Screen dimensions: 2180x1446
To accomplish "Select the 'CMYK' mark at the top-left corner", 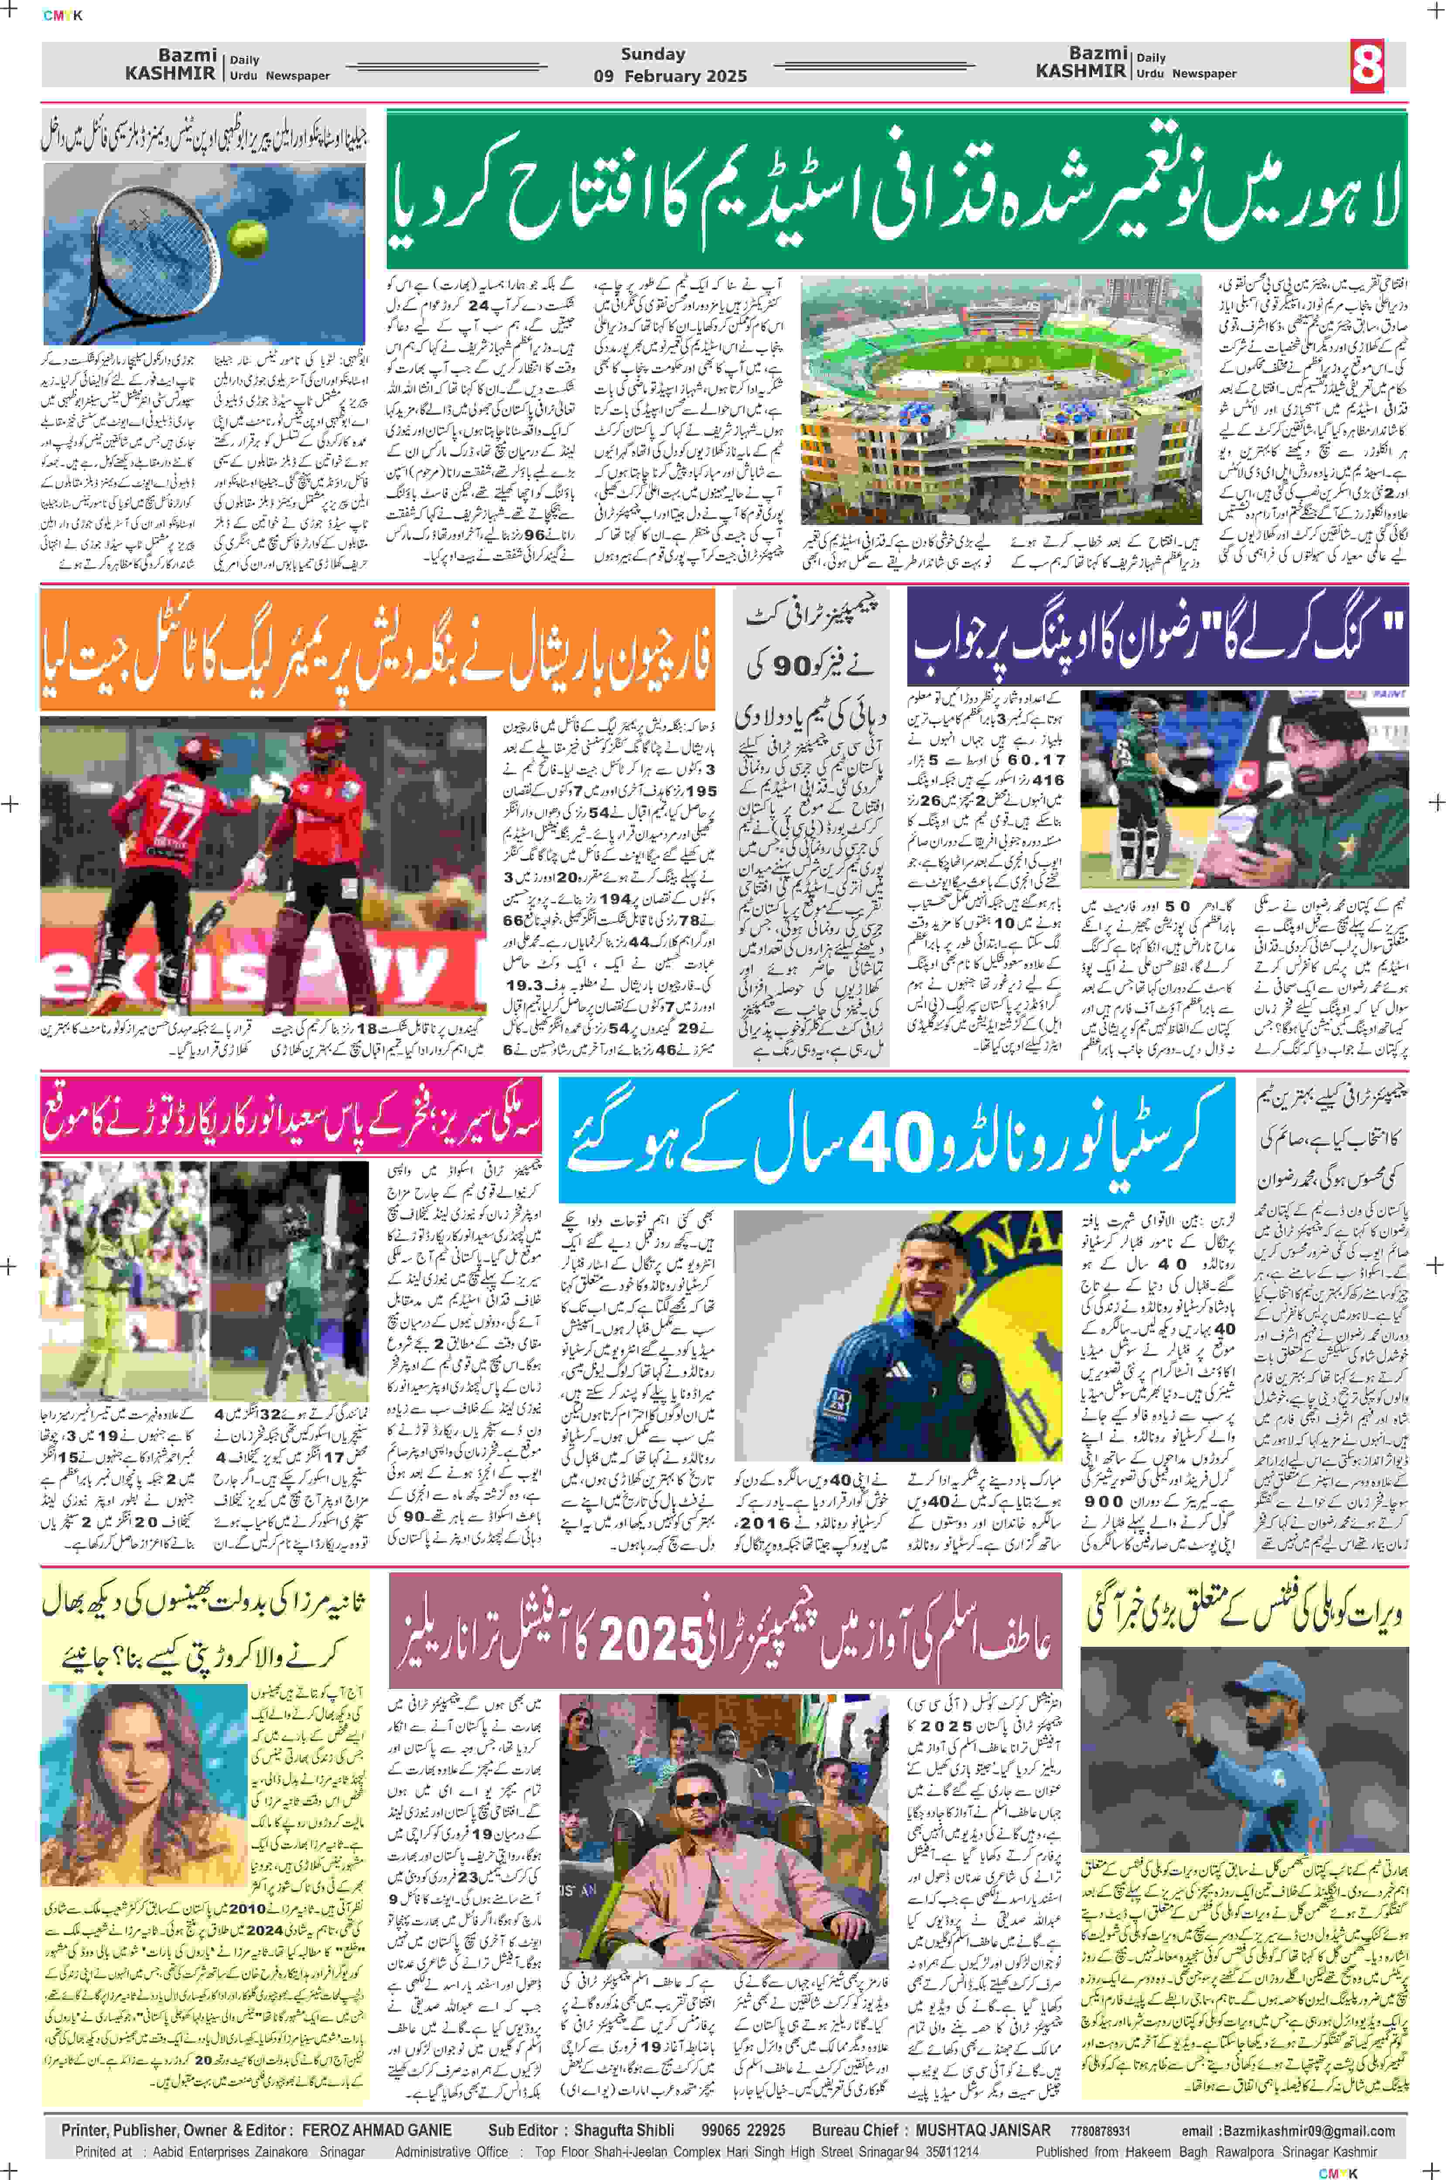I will tap(63, 15).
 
